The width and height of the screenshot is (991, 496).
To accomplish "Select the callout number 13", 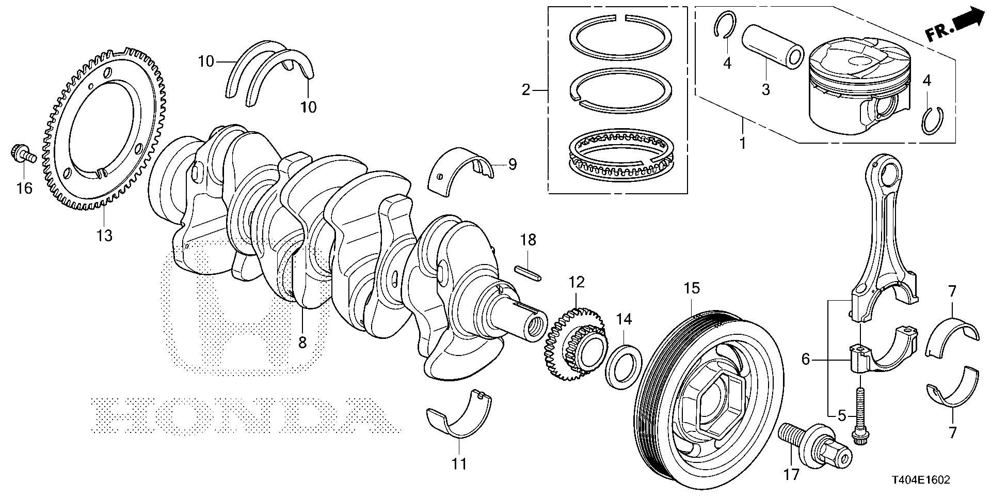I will point(104,236).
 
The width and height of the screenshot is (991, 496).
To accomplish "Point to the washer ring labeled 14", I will point(624,366).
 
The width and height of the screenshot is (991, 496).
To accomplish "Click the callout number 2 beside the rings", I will point(525,90).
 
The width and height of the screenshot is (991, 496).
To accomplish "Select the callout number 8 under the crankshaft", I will point(302,342).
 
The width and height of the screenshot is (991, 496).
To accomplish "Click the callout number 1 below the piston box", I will point(743,143).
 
